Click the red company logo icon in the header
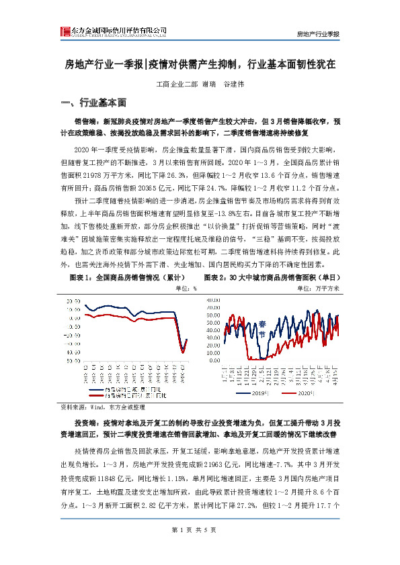65,32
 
